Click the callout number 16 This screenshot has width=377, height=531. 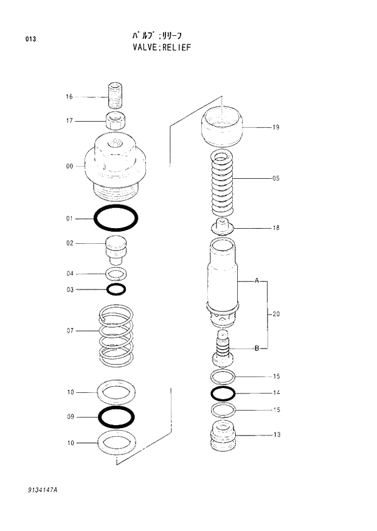[x=69, y=97]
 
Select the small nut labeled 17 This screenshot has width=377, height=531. [x=116, y=120]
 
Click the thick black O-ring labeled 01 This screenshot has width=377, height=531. [x=116, y=218]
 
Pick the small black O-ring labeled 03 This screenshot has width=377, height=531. [x=116, y=289]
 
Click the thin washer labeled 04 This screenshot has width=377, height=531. [x=116, y=273]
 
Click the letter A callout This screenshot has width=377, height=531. [x=257, y=281]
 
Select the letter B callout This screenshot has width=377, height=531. [x=257, y=349]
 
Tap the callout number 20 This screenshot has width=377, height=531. [x=275, y=314]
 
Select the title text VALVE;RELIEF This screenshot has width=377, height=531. [x=161, y=47]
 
